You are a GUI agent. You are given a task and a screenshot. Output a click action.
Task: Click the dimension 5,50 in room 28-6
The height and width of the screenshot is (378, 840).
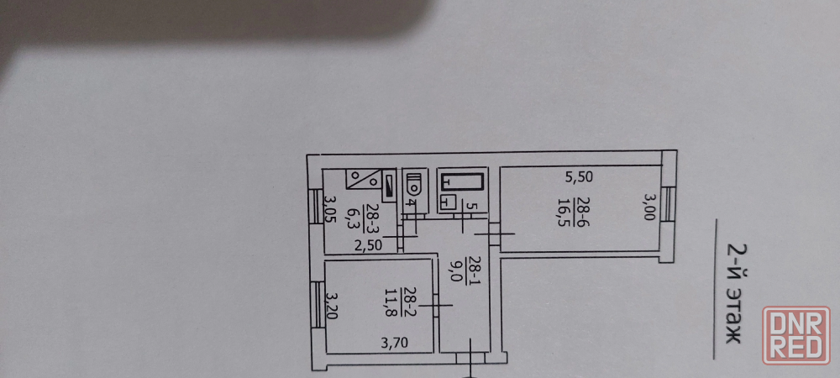580,176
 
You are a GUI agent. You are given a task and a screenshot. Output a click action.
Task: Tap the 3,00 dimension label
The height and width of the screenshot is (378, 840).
648,207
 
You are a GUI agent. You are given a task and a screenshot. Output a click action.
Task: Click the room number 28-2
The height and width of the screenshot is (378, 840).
409,302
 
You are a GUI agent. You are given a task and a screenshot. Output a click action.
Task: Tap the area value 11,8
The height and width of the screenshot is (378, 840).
391,302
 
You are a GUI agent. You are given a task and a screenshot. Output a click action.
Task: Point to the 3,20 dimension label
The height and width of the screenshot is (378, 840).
332,305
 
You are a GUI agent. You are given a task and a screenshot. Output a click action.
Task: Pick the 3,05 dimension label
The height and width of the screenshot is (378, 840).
330,209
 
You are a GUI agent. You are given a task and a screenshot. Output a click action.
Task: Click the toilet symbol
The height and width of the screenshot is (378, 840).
414,183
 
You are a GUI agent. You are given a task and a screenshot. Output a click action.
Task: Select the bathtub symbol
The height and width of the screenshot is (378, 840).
462,181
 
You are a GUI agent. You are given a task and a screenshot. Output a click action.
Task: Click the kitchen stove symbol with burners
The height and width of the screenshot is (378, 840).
363,179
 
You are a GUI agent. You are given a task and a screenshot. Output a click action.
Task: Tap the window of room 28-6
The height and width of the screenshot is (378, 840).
668,204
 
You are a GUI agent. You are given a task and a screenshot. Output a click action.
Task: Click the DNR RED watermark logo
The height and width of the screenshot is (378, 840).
796,335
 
